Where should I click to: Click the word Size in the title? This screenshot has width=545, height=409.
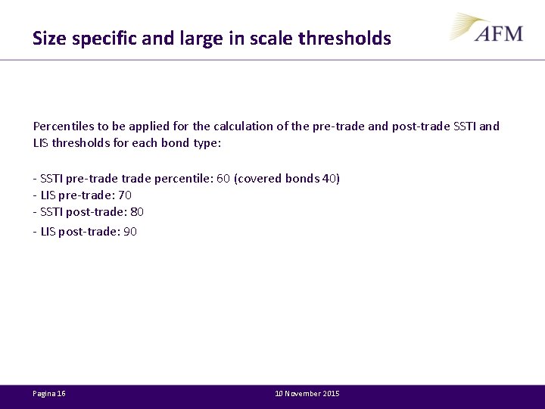pyautogui.click(x=48, y=38)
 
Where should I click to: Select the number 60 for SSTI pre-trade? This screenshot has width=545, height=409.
pyautogui.click(x=223, y=179)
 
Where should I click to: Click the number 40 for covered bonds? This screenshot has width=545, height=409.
pyautogui.click(x=329, y=179)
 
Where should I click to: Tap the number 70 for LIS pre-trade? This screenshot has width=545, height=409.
pyautogui.click(x=125, y=195)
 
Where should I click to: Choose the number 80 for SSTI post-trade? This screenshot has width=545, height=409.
pyautogui.click(x=137, y=212)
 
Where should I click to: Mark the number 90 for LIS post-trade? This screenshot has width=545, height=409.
pyautogui.click(x=130, y=232)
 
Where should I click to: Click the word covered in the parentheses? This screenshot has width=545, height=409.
pyautogui.click(x=259, y=179)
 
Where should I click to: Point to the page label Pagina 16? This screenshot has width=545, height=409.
pyautogui.click(x=49, y=394)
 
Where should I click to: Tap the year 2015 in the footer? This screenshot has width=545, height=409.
pyautogui.click(x=332, y=394)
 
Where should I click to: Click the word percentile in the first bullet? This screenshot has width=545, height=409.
pyautogui.click(x=183, y=179)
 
